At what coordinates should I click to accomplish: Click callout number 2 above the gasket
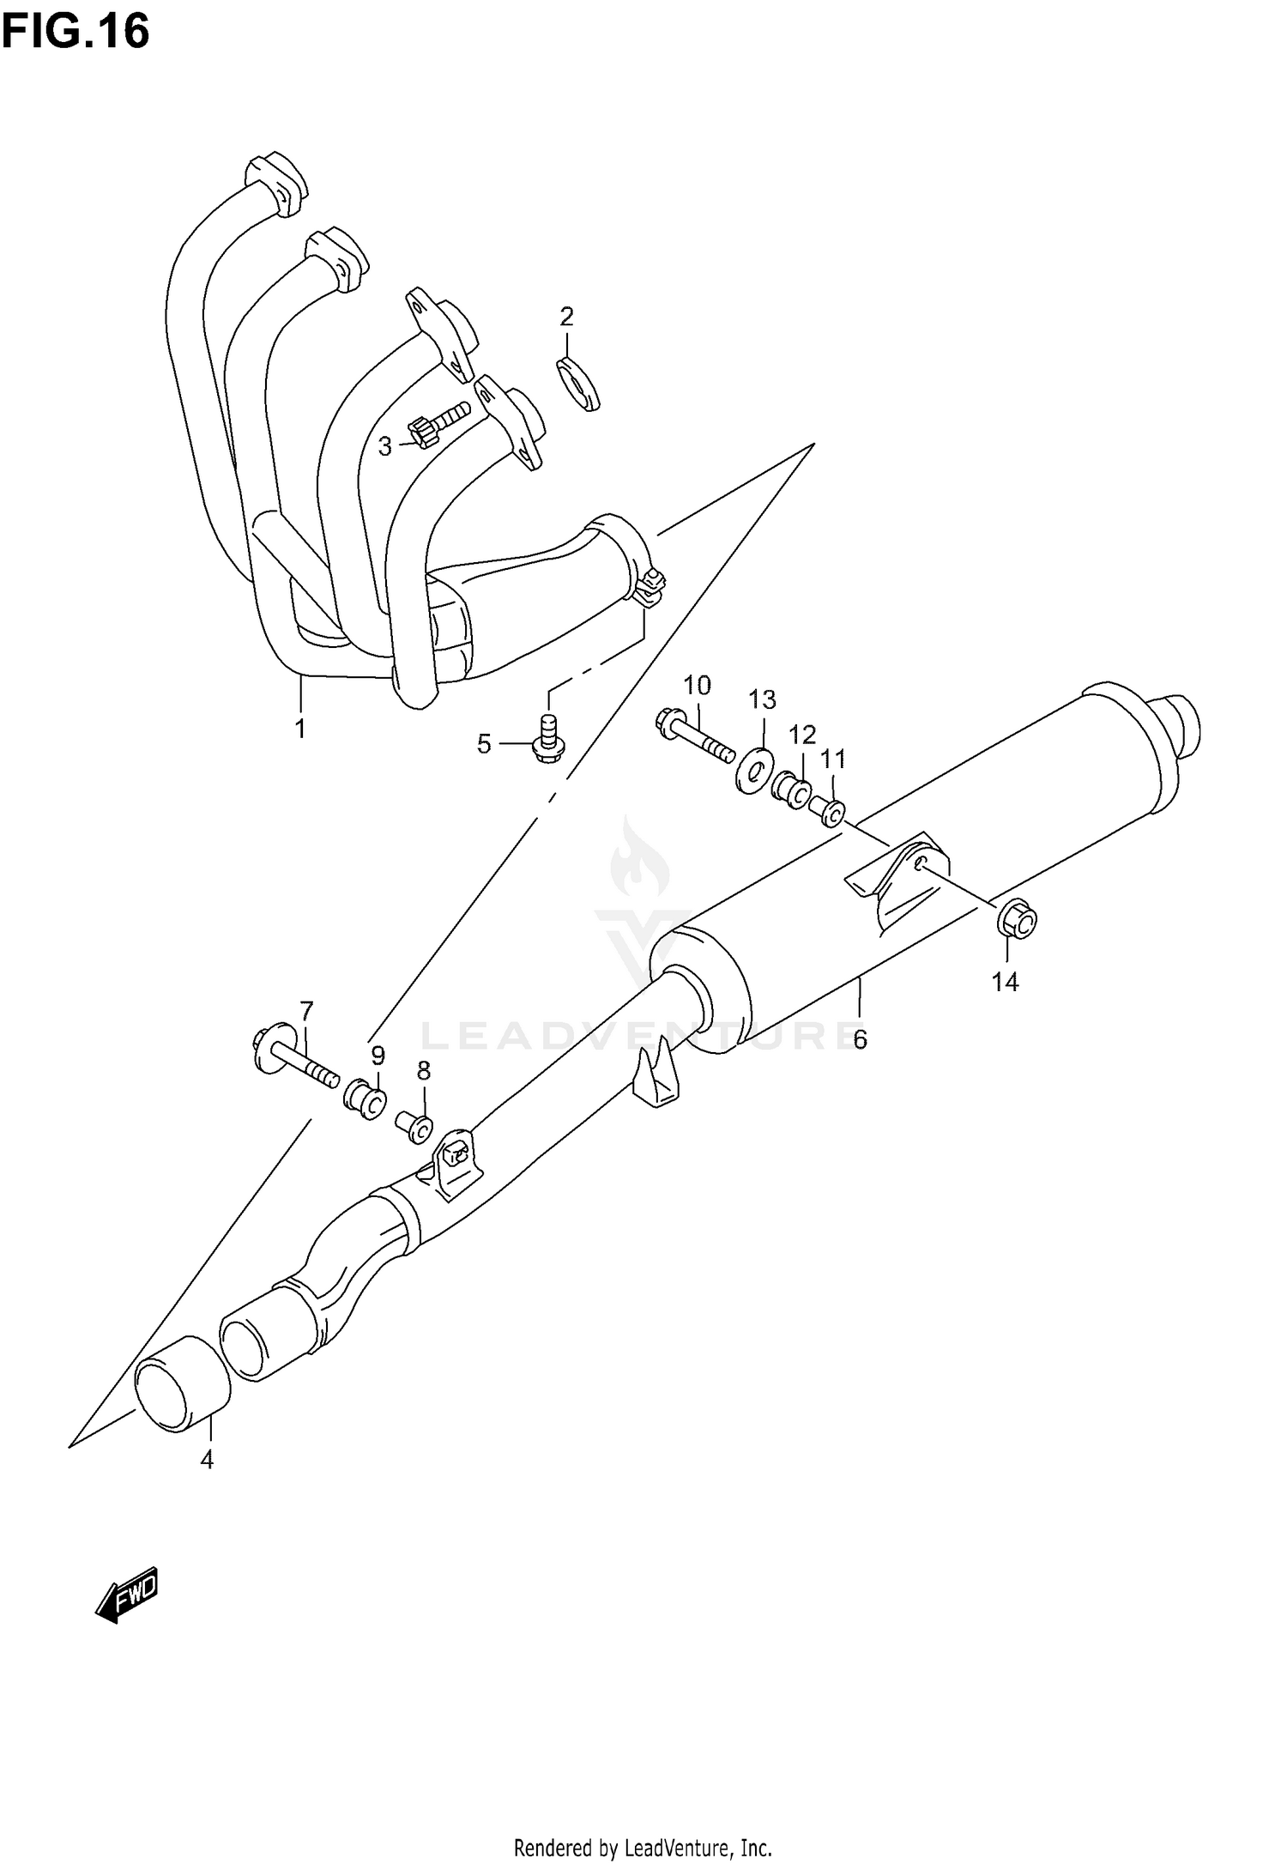566,317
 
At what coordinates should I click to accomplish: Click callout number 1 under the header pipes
300,729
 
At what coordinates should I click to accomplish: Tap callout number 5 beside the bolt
484,744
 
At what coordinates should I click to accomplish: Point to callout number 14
1005,982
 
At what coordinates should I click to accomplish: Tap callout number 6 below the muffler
860,1039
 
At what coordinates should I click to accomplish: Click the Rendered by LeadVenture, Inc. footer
643,1845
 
